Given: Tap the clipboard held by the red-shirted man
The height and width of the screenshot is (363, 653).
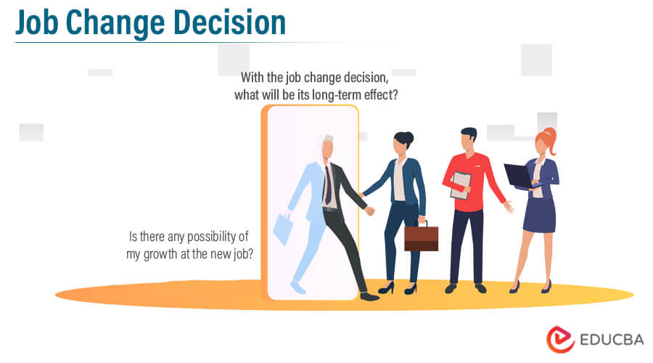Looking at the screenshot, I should point(460,184).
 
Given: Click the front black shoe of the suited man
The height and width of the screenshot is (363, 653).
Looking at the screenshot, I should point(369,296).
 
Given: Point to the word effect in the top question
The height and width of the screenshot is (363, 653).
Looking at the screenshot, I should point(381,94).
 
